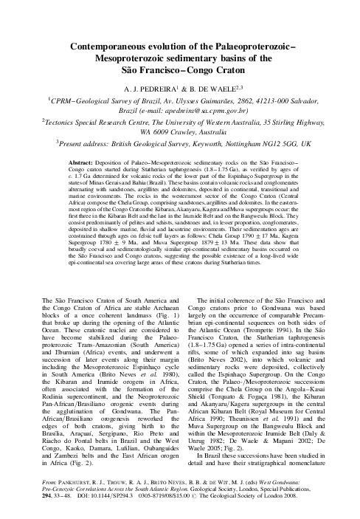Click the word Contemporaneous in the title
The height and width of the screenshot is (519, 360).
click(101, 46)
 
